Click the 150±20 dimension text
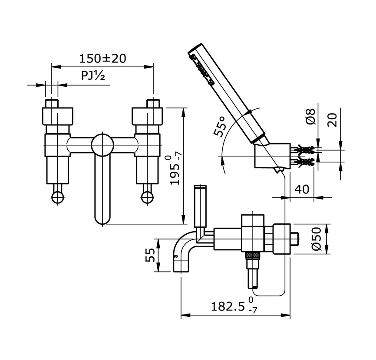[102, 58]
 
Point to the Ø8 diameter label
[310, 118]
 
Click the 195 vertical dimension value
[175, 170]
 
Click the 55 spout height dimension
[149, 255]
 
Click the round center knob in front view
[102, 144]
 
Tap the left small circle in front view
[57, 197]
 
